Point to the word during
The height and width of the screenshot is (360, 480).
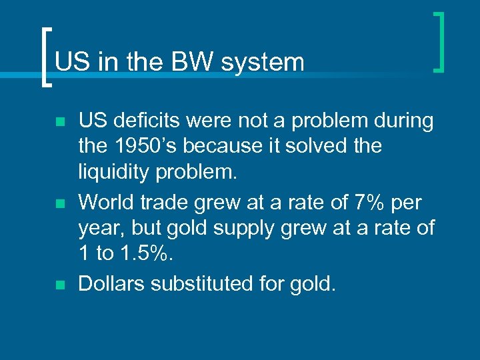point(402,121)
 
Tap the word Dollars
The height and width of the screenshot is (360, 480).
point(112,284)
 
